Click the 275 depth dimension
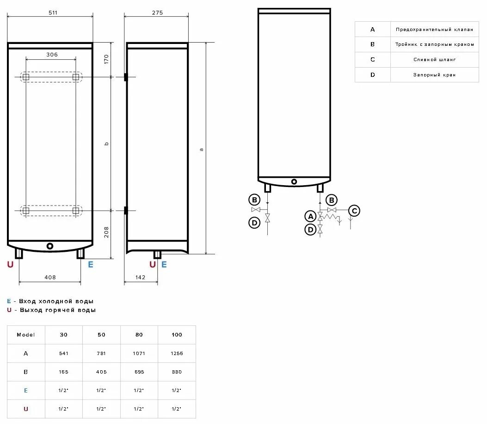pos(157,12)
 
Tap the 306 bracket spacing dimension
pos(52,55)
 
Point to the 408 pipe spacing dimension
pos(50,277)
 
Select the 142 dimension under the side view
pos(141,277)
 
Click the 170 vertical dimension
pos(106,59)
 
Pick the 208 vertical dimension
pos(106,231)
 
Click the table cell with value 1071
pos(139,353)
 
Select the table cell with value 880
pos(176,372)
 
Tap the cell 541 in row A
pos(64,353)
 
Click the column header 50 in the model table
pos(101,335)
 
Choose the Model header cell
pos(25,335)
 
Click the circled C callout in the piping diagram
pos(354,211)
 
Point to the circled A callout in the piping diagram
pos(310,217)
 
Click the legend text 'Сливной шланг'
pos(434,60)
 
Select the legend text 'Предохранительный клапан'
pos(434,30)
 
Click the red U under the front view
pos(10,265)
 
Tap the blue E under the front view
pos(91,265)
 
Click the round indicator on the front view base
pos(50,246)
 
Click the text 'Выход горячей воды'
pos(58,310)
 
